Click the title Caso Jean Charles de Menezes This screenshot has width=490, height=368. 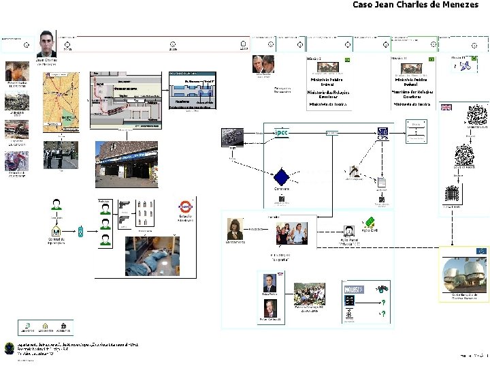[x=420, y=5]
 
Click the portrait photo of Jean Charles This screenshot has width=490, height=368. [x=46, y=44]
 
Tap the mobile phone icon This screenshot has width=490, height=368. [x=81, y=232]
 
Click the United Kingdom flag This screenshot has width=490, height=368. [x=446, y=107]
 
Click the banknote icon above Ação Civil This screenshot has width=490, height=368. [x=370, y=222]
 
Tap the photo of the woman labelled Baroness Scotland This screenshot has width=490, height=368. [x=235, y=229]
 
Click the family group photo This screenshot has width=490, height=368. [x=291, y=232]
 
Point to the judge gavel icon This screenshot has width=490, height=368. [x=353, y=171]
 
